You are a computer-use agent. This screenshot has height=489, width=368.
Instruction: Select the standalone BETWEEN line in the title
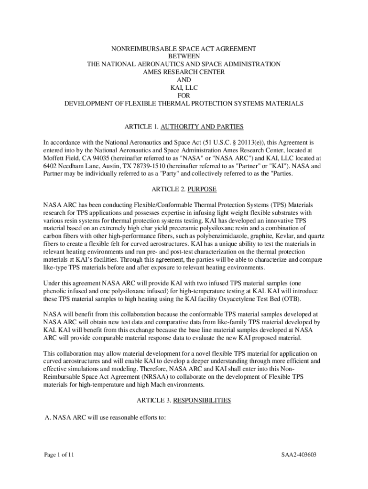coord(184,56)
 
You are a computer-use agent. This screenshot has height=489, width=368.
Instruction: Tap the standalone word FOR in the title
coord(184,95)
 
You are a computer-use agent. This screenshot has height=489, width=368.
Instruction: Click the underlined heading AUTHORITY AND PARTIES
coord(202,127)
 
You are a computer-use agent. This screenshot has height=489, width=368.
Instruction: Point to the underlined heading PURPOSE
coord(202,189)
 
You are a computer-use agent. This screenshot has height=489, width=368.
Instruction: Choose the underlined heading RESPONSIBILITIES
coord(202,400)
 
